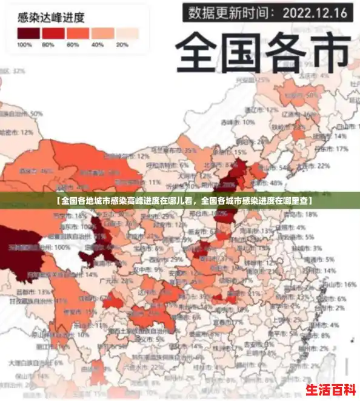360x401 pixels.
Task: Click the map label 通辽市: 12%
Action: pos(257,110)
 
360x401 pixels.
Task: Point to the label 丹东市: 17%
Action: pos(332,149)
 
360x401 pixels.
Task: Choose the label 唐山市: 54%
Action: pos(284,167)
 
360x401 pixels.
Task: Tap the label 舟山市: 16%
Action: pos(337,284)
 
